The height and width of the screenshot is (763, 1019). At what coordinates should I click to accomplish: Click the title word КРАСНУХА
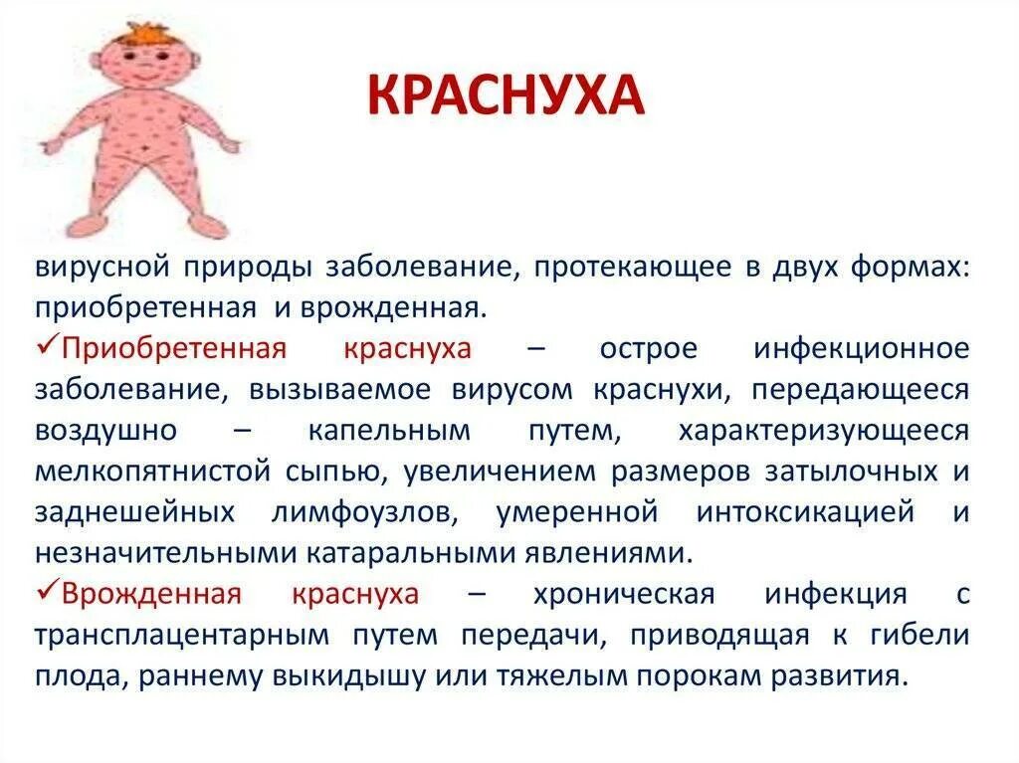[x=506, y=95]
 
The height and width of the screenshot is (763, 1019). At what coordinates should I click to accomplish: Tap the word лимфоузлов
[x=356, y=513]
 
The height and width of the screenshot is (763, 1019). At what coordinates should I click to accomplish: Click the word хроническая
[x=623, y=595]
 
